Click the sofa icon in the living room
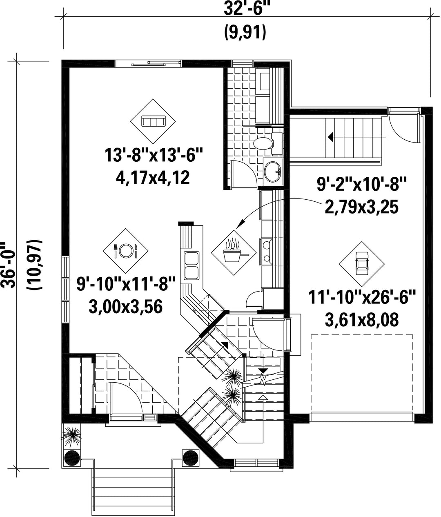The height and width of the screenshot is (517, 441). click(x=153, y=121)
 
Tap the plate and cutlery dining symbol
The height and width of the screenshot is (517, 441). click(x=126, y=251)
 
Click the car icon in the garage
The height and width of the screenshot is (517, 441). click(x=362, y=264)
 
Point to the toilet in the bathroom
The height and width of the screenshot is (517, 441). click(x=267, y=143)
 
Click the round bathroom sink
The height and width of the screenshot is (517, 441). click(x=273, y=172)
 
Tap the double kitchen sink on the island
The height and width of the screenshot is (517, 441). click(x=192, y=265)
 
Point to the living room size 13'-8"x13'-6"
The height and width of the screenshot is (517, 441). click(x=153, y=155)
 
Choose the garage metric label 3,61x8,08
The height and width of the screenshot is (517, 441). click(x=361, y=320)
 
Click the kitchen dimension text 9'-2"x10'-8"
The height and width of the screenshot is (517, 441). click(x=362, y=185)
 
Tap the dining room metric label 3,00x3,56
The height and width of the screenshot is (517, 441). click(x=126, y=307)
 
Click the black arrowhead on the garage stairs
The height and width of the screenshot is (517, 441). click(x=330, y=137)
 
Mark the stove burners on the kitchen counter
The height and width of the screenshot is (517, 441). click(x=266, y=252)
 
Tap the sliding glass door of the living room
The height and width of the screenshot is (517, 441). click(x=149, y=63)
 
